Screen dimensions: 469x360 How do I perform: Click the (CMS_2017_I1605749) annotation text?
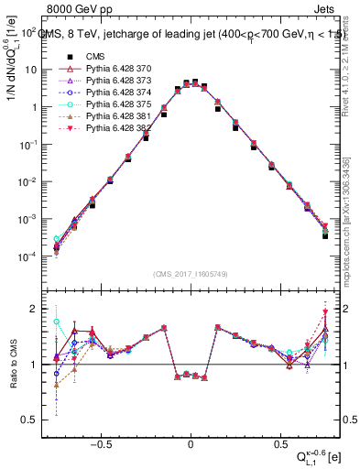point(191,274)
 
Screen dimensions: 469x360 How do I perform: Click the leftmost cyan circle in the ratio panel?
point(57,322)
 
